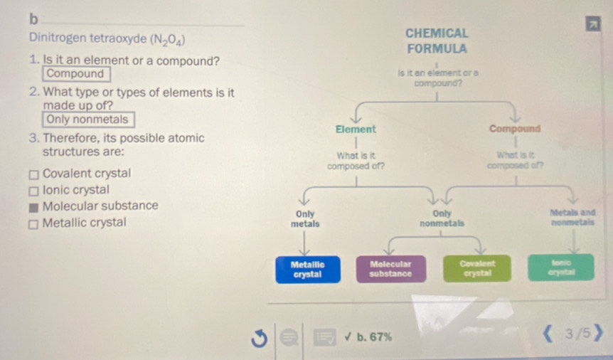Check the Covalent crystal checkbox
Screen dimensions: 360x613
pos(33,174)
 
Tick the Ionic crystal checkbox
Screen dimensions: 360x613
pos(33,191)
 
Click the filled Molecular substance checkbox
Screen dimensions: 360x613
pos(33,207)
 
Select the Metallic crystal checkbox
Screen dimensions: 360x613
pos(33,223)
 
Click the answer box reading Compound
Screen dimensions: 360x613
pos(75,74)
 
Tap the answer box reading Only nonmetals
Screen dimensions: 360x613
pos(87,120)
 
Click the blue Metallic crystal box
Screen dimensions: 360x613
pos(307,268)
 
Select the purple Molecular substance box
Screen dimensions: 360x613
pos(390,268)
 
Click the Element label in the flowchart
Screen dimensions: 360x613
pos(356,129)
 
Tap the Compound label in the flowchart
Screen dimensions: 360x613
pos(515,129)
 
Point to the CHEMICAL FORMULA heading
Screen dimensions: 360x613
pos(437,41)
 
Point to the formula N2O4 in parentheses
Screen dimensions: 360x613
pos(169,39)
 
